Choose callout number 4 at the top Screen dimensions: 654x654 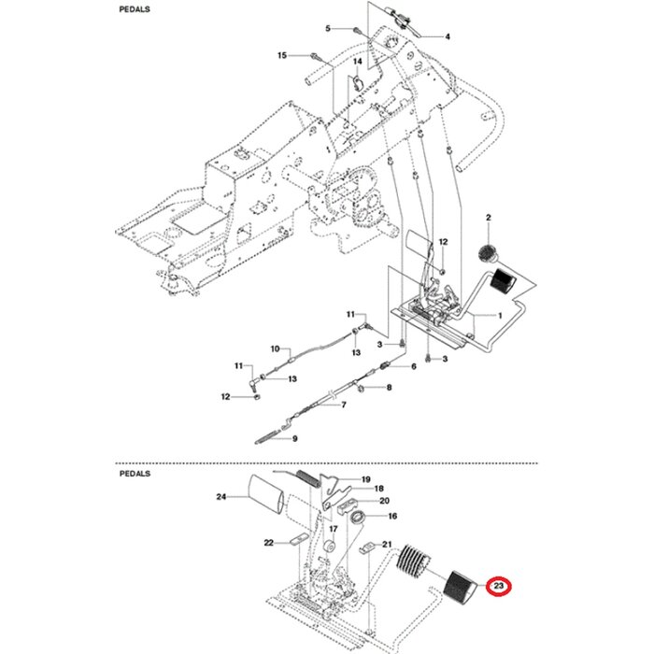448,37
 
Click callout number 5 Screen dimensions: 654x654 328,29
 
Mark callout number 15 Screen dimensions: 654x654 282,56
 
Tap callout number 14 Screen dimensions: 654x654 356,62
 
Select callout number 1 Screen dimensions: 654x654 500,316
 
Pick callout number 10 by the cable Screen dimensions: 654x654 275,349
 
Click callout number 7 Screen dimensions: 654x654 343,405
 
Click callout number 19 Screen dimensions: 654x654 366,479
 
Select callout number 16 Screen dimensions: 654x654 392,516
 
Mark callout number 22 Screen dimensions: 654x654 268,543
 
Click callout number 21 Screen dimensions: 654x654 386,544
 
